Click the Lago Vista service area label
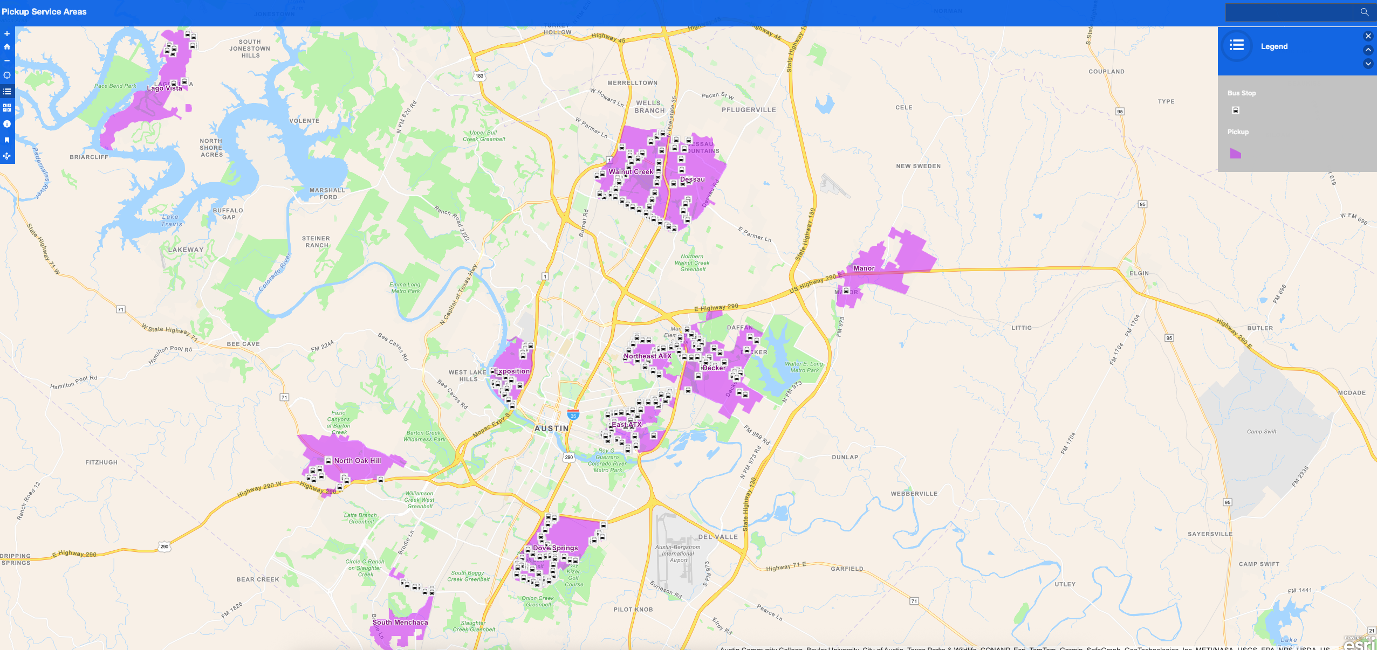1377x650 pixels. point(165,88)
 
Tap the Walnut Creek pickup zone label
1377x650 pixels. point(631,172)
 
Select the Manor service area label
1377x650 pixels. point(864,268)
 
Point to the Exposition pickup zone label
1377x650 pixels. point(512,371)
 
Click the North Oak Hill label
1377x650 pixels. point(357,461)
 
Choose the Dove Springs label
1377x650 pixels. point(555,548)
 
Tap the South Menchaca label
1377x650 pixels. point(400,623)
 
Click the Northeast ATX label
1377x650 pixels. point(647,356)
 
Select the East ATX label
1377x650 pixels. point(626,425)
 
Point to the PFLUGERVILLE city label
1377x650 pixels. point(749,110)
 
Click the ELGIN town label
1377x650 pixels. point(1139,273)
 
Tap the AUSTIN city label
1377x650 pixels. point(551,428)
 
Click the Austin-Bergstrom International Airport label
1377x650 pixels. point(678,554)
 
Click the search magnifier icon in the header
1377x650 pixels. point(1364,12)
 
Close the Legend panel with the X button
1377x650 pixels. point(1368,36)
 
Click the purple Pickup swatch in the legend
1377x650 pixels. point(1235,154)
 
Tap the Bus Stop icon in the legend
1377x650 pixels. point(1236,110)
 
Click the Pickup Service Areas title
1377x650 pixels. point(44,12)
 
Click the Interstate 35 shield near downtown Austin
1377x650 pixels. point(573,415)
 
